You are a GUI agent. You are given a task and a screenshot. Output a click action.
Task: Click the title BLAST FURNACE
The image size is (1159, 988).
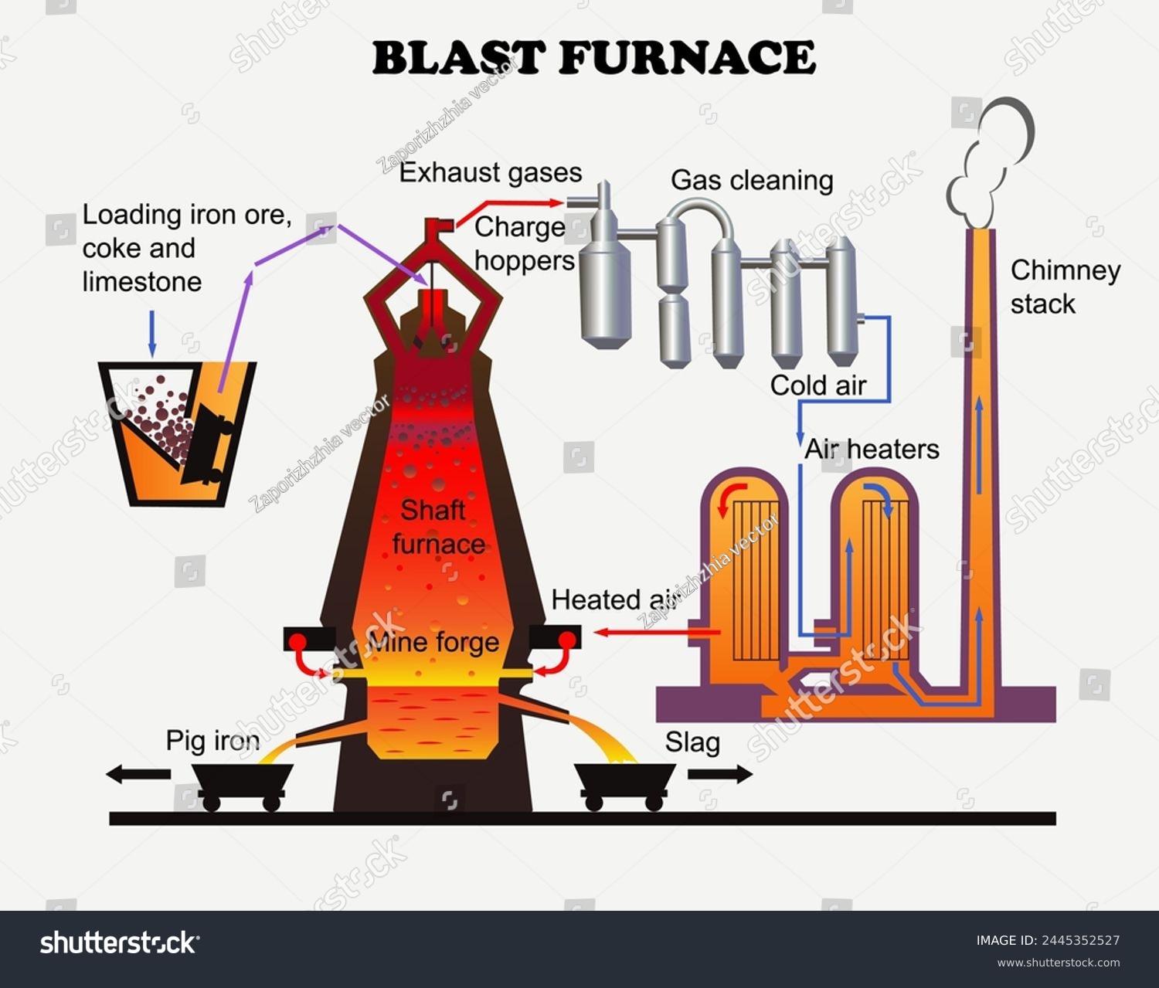pos(593,58)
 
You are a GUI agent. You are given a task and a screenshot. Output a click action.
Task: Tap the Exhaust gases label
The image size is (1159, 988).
pos(491,172)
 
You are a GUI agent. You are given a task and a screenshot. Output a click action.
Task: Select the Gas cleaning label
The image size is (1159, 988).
pos(752,180)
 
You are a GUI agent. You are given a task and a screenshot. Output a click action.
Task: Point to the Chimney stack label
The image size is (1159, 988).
pos(1065,287)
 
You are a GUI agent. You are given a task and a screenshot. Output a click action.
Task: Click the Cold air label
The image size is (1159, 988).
pos(817,385)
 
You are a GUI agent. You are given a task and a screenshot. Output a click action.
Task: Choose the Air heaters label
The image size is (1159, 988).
pos(872,449)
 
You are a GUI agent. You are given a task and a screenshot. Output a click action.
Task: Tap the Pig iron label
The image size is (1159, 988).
pos(212,741)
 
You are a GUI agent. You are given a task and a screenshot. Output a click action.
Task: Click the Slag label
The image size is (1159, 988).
pos(692,742)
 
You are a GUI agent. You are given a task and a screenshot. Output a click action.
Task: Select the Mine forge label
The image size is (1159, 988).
pos(433,643)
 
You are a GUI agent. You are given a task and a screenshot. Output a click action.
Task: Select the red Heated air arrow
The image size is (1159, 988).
pos(657,633)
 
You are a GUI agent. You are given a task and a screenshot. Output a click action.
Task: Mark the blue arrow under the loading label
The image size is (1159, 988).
pos(151,334)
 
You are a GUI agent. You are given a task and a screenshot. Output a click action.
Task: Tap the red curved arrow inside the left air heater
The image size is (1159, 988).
pos(730,497)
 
